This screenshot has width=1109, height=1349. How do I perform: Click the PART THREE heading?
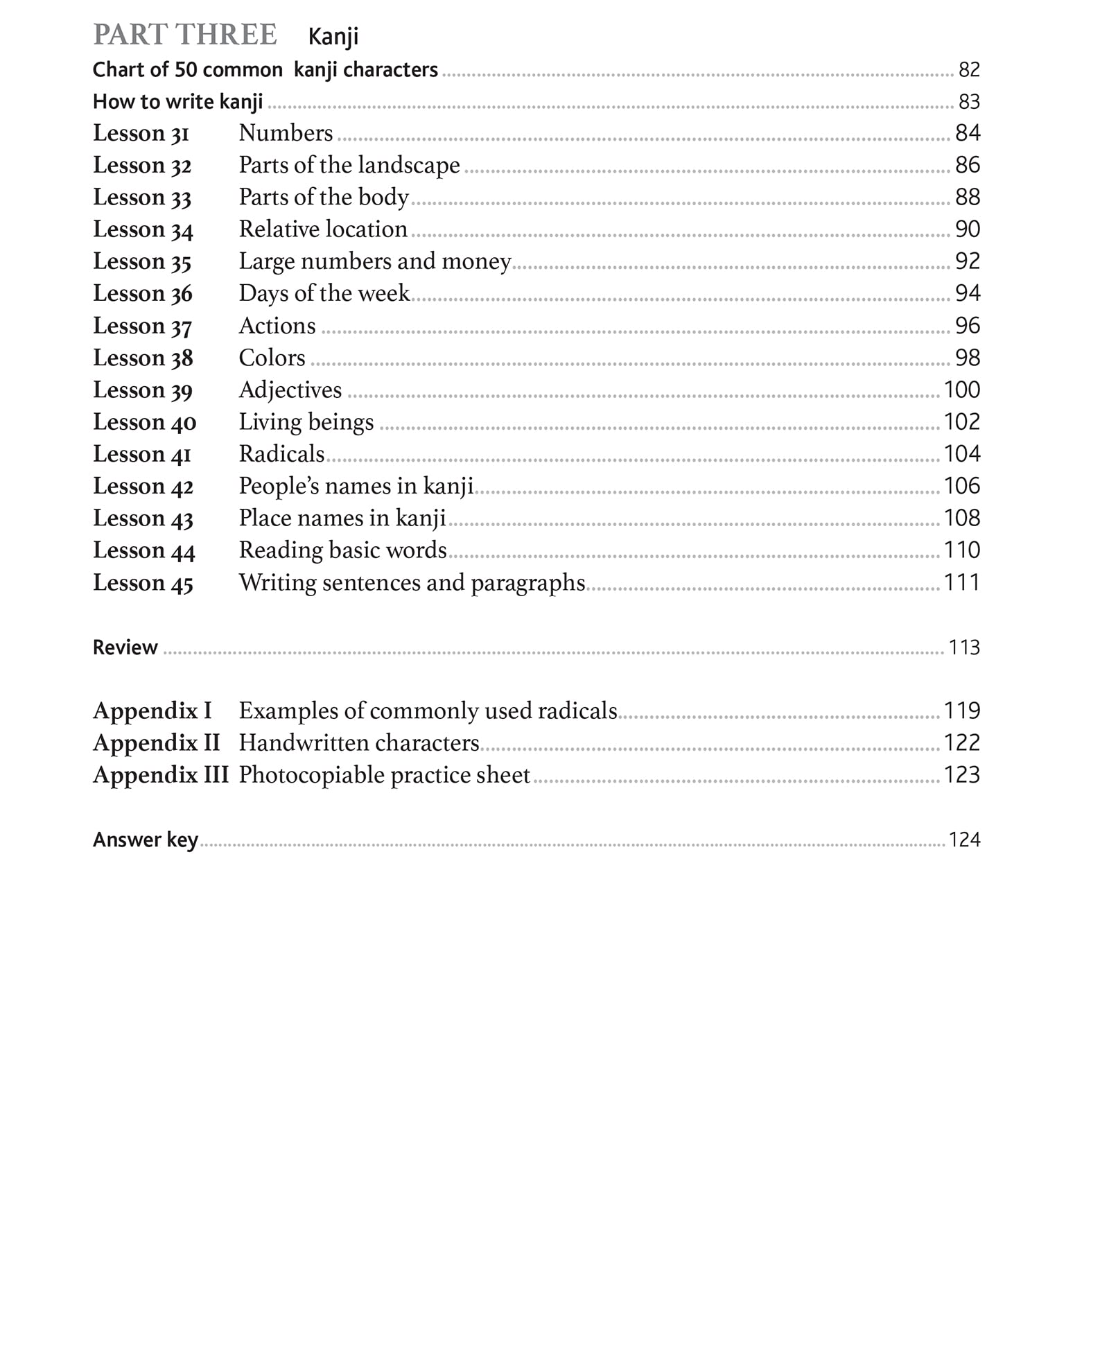pos(185,35)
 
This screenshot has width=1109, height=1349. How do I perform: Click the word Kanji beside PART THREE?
pos(333,37)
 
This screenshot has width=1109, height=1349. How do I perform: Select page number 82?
pos(969,69)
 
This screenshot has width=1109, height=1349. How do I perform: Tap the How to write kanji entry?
pos(178,102)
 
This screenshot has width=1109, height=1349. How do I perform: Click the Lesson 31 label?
pos(141,133)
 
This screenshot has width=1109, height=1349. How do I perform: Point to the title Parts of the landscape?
pos(349,165)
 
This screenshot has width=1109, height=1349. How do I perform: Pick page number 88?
pos(968,197)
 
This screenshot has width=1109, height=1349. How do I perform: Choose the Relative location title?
pos(323,229)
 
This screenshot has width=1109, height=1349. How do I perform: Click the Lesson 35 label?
pos(142,261)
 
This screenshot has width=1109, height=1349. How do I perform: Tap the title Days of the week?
pos(324,293)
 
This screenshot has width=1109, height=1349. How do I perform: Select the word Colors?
pos(272,358)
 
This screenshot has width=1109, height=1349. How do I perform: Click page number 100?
pos(962,390)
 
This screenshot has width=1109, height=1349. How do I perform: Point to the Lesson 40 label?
pos(145,422)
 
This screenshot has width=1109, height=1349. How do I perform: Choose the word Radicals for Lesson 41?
pos(281,454)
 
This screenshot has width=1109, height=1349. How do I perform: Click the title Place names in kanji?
pos(342,518)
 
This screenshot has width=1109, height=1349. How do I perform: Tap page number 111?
pos(962,582)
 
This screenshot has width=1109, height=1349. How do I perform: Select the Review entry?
pos(125,647)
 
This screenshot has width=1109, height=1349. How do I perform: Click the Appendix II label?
pos(156,743)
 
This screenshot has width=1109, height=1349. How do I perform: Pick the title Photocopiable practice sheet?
pos(384,775)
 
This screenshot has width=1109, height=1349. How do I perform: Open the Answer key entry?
pos(146,840)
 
